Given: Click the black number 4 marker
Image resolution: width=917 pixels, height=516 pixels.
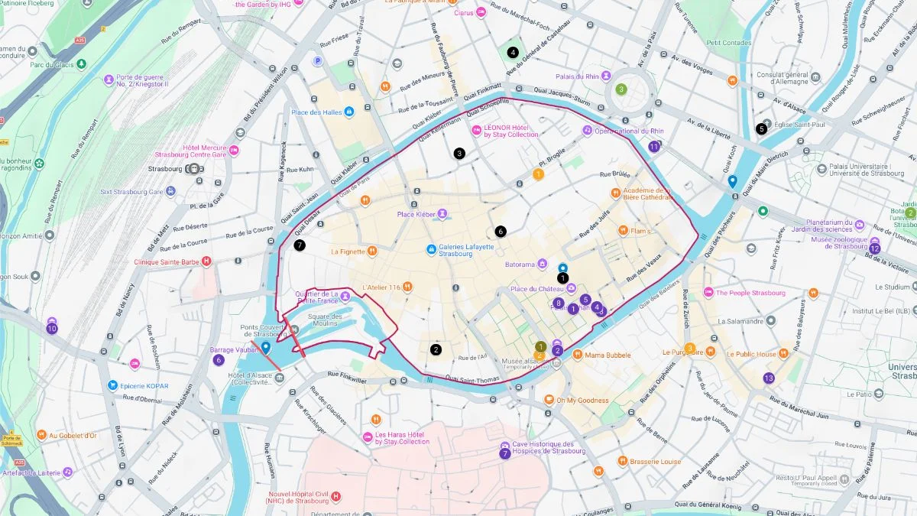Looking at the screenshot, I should (512, 53).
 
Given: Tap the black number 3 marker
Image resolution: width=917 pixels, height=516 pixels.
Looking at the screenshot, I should (459, 154).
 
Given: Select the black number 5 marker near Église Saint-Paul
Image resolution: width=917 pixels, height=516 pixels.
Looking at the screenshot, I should (761, 129).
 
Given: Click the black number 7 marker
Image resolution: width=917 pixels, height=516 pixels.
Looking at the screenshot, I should (300, 245).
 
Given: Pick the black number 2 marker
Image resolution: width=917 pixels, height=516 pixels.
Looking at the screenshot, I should (436, 349).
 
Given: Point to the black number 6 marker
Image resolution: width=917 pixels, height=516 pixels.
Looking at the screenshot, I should (501, 231).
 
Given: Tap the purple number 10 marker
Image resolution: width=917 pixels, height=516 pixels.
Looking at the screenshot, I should (52, 329).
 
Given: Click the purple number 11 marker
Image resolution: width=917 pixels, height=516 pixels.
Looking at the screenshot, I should (653, 146).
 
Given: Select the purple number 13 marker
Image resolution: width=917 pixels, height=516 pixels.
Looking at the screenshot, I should (769, 378).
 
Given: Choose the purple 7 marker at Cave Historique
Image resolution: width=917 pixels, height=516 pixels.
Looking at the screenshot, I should (505, 453).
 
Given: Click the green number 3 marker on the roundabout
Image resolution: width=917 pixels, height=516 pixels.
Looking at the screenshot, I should (621, 89).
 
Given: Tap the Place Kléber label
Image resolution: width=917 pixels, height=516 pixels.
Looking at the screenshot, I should (416, 214).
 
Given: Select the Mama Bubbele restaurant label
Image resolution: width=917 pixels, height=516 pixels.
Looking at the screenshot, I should (608, 355).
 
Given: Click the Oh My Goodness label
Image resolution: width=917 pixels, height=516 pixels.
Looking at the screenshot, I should (582, 401).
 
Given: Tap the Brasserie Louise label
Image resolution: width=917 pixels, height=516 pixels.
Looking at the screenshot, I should (655, 462).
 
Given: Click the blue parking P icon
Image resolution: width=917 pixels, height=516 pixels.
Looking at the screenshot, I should (317, 61).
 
